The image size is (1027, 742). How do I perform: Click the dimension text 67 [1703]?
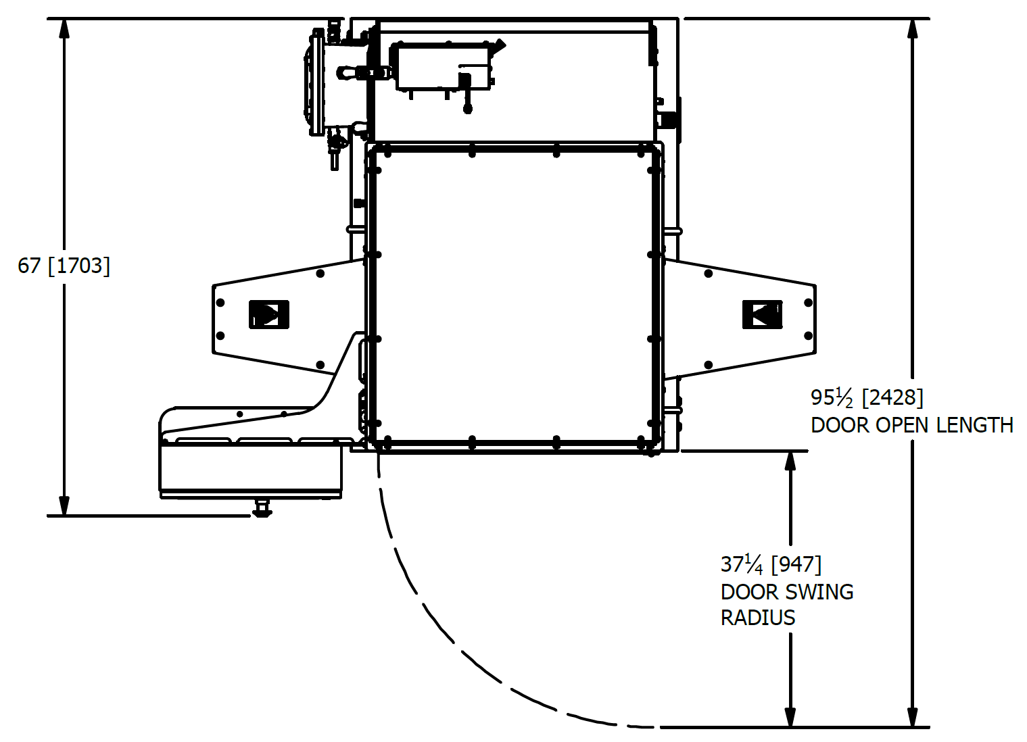(x=64, y=266)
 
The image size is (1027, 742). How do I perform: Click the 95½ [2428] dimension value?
(x=867, y=397)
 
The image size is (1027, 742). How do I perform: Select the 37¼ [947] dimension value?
(x=771, y=564)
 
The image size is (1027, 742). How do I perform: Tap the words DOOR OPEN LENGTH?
(x=911, y=425)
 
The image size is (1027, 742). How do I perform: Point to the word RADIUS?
(x=758, y=618)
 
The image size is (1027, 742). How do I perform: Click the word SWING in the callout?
(x=819, y=592)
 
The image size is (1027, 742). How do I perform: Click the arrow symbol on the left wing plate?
(x=269, y=314)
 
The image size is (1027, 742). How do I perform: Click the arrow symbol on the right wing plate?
(x=763, y=315)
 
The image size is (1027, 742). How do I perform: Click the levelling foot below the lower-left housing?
(x=262, y=508)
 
